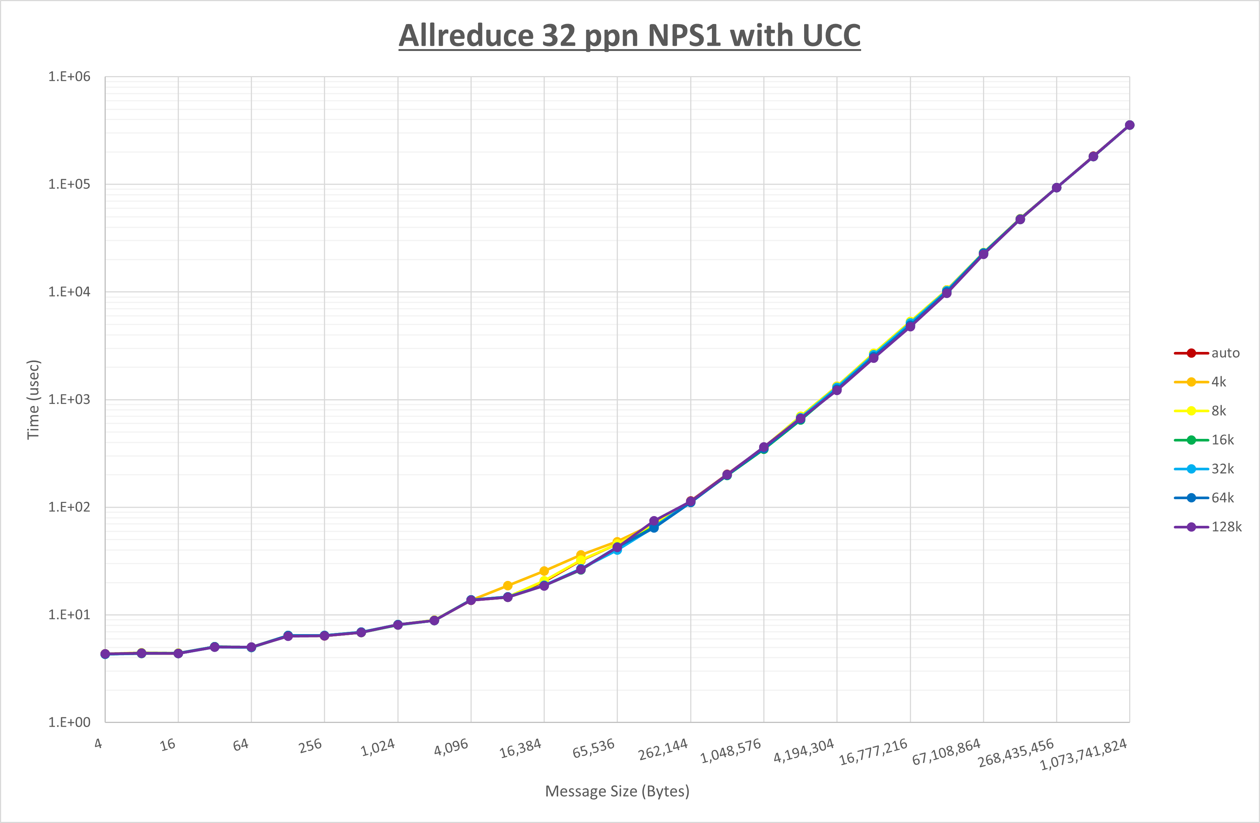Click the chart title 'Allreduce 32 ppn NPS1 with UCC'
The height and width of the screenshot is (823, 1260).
click(629, 36)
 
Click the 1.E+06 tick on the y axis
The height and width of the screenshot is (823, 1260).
click(69, 77)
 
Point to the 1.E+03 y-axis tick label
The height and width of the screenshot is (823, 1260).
click(69, 400)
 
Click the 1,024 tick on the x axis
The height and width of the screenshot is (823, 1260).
click(378, 747)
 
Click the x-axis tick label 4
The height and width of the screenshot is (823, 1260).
click(99, 744)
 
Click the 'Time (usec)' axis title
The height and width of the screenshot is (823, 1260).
click(33, 400)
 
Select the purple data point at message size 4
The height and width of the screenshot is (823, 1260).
click(105, 654)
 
